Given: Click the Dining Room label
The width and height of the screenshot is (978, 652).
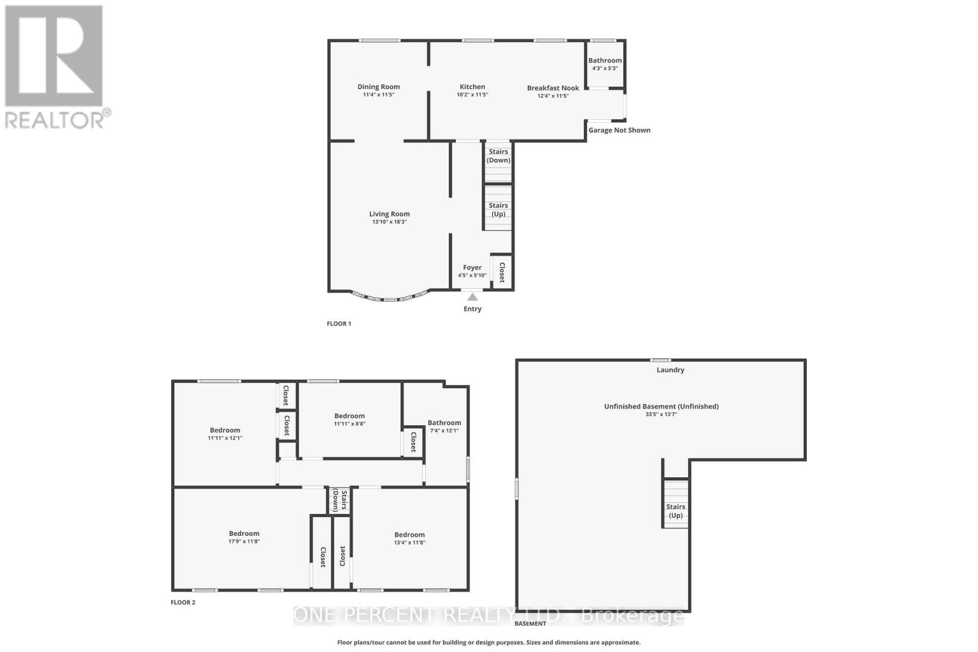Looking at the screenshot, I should pos(378,87).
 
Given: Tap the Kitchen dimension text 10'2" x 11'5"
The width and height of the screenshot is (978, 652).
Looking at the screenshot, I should pos(472,95).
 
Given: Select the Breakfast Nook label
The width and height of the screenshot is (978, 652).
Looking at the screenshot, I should pos(553,88).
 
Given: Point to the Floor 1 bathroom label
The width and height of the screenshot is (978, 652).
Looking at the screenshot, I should pos(605,60).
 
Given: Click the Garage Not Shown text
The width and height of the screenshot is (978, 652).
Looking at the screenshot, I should pos(619,130).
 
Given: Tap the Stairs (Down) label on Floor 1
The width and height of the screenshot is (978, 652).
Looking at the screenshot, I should pos(498,156).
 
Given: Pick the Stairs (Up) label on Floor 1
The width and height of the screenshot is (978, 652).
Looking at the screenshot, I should pos(498,210).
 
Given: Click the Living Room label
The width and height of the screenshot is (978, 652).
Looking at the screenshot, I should pos(389,214).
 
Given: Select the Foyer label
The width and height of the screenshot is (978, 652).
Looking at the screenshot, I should pos(472,268).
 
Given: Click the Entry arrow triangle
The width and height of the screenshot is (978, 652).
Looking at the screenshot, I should pos(472,298).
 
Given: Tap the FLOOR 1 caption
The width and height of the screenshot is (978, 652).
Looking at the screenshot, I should pos(339,324).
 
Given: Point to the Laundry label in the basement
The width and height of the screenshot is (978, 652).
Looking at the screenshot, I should pos(670,370).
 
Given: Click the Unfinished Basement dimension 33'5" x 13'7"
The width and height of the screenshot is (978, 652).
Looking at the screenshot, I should pos(661,414).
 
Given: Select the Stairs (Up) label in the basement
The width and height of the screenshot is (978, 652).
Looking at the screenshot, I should pos(675,511).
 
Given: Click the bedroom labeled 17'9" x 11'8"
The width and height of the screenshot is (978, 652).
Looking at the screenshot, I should pos(244,533).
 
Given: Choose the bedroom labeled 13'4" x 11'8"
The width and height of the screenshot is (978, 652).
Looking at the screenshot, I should pos(409,535).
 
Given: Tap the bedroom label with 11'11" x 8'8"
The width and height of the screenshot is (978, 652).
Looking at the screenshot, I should pos(349,416).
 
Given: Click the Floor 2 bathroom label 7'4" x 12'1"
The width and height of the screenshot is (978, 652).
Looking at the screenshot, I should pos(444,423).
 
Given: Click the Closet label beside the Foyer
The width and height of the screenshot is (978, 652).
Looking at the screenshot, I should pos(502,272).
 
